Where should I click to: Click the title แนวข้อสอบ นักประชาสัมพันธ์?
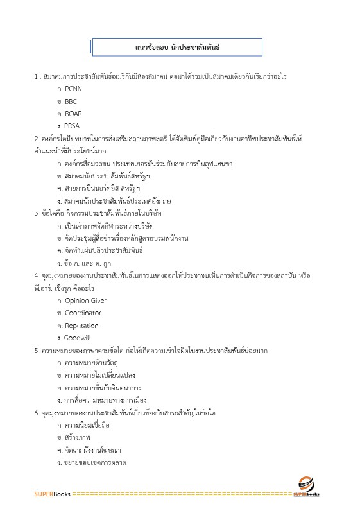[178, 48]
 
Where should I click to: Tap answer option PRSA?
[67, 126]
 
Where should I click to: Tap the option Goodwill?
[73, 338]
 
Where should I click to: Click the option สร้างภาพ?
[73, 438]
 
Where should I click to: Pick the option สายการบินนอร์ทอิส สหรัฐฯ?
[98, 188]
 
